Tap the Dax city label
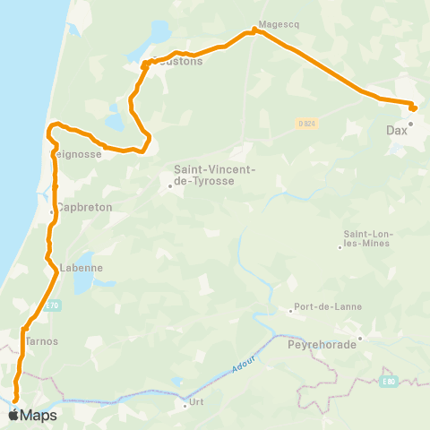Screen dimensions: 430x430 pos(397,131)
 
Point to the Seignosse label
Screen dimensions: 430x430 pos(77,154)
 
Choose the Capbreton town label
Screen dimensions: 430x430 pos(83,207)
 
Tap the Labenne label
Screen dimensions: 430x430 pos(82,268)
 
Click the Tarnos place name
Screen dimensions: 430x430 pos(42,341)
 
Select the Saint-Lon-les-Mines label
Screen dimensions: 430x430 pos(367,239)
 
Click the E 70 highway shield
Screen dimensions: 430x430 pos(53,304)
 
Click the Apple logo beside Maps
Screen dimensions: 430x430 pos(14,415)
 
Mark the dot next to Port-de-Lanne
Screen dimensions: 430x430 pos(291,312)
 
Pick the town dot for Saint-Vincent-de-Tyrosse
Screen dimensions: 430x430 pos(170,187)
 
